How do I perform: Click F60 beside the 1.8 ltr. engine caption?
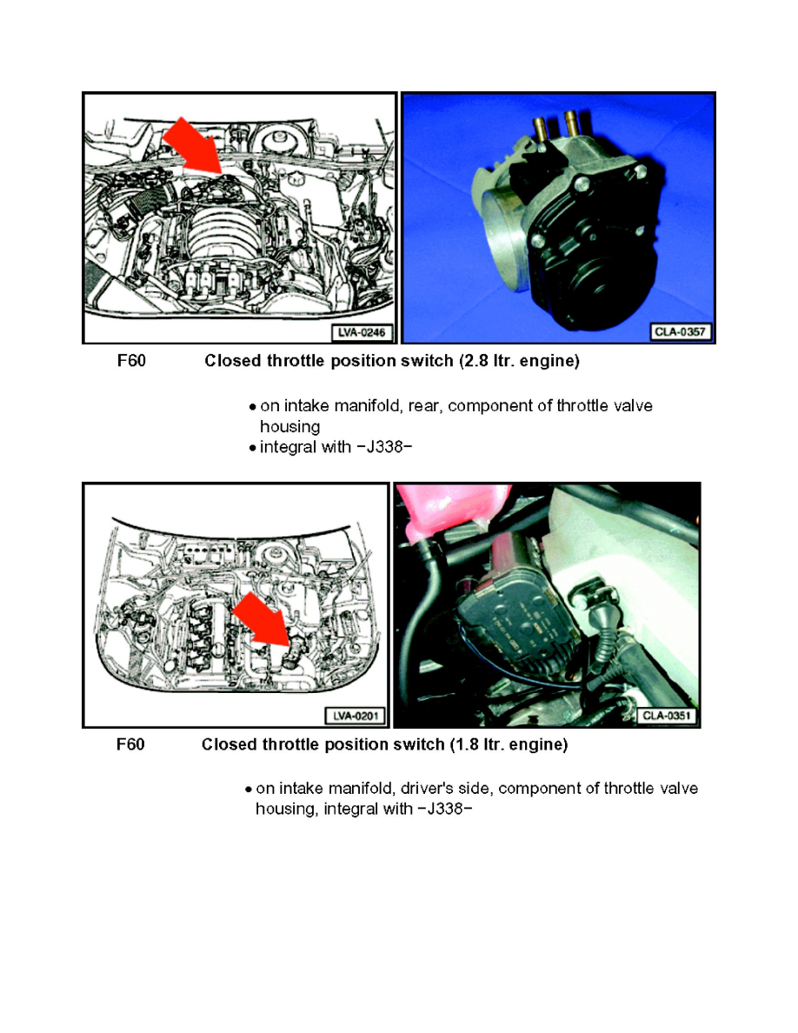click(131, 745)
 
